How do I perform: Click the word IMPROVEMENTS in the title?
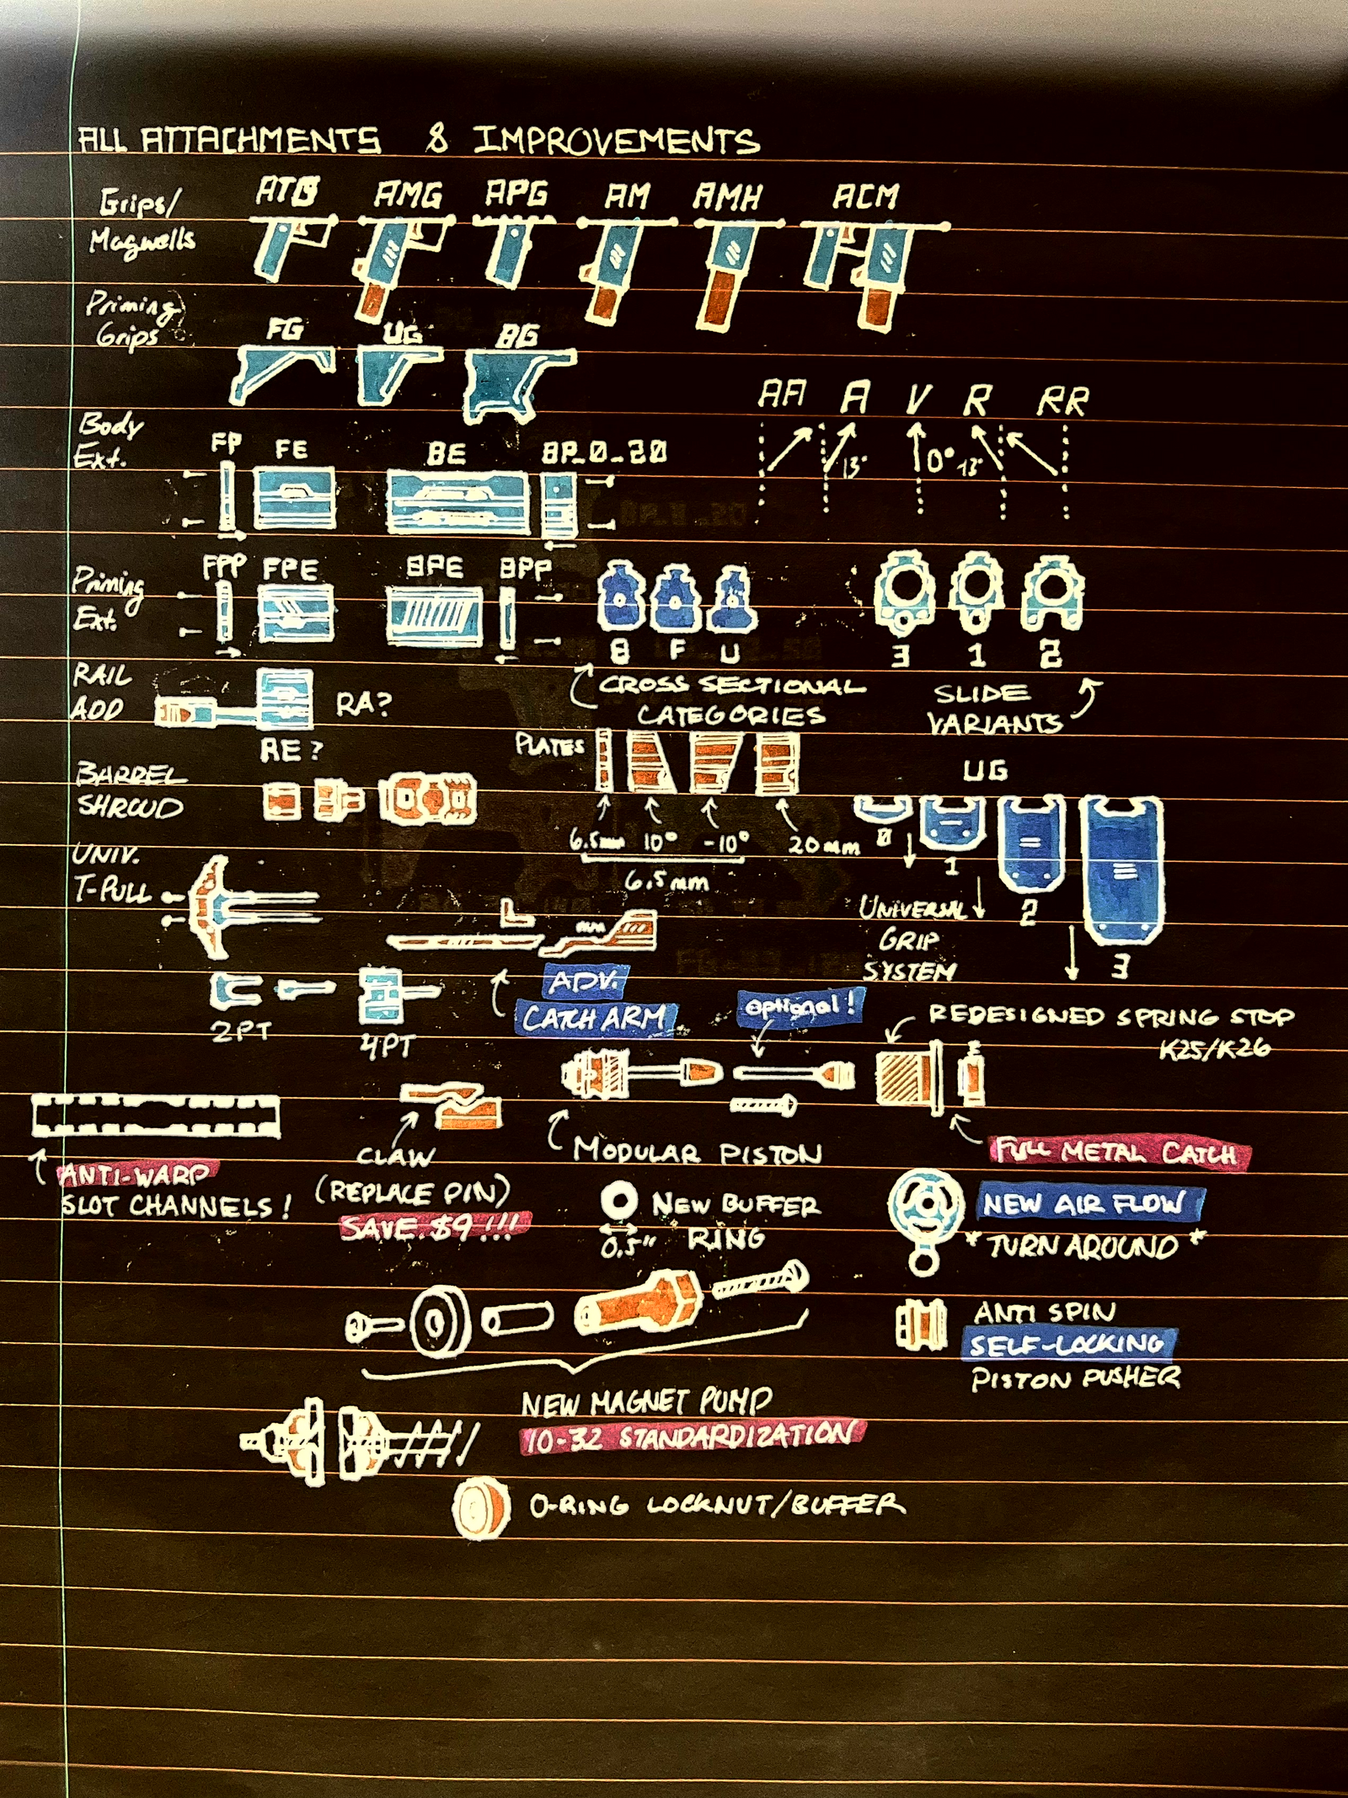click(616, 141)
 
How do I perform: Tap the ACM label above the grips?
click(865, 196)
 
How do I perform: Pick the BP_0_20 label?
click(603, 452)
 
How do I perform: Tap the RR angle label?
click(1062, 401)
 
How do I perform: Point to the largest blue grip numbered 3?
click(1121, 870)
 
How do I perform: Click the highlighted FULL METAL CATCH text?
click(1119, 1152)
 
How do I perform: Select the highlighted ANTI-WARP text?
click(135, 1174)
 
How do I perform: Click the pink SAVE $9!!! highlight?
click(435, 1227)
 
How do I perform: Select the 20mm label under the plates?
click(823, 845)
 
